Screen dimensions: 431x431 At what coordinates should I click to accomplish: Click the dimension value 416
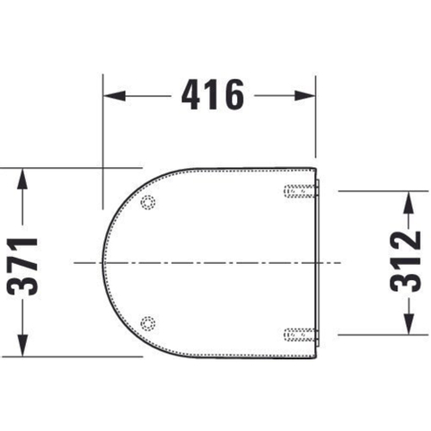tap(213, 95)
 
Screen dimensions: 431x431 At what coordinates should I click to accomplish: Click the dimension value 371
tap(22, 267)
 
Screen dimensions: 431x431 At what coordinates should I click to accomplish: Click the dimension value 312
tap(406, 261)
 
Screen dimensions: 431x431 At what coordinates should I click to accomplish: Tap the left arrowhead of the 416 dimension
tap(114, 96)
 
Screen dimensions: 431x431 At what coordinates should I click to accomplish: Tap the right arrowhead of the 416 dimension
tap(304, 96)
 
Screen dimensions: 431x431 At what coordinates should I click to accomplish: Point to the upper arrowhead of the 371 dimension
tap(22, 179)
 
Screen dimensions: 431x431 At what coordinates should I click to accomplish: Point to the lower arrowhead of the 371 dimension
tap(22, 346)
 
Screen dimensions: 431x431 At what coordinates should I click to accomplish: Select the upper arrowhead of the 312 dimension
tap(409, 202)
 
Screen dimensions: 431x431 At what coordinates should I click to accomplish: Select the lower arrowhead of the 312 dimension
tap(409, 324)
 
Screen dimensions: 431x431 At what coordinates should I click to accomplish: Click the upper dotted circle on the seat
tap(148, 202)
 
